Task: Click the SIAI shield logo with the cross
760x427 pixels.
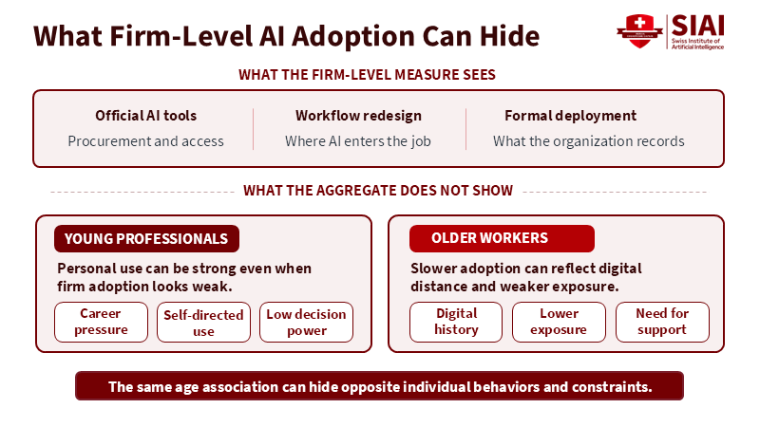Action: [639, 31]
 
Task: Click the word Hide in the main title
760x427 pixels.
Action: [509, 36]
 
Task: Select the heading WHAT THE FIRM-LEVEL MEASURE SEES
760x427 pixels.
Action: [367, 75]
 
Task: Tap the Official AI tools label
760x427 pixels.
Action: [146, 116]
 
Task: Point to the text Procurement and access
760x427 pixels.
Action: [146, 141]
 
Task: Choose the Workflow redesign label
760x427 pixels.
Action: [359, 116]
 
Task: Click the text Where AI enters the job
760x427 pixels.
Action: [358, 141]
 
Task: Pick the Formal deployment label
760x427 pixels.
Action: [571, 116]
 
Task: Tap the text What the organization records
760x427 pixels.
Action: [589, 141]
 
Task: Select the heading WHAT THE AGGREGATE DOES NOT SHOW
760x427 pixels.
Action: [378, 191]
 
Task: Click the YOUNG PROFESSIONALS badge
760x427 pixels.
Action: [146, 239]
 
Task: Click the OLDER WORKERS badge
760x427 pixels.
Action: [502, 238]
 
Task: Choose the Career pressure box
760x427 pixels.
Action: [101, 322]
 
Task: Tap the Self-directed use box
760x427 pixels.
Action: [203, 323]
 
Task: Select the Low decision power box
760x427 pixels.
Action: [306, 323]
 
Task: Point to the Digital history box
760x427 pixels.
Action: [456, 322]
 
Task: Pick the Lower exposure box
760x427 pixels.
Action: [559, 322]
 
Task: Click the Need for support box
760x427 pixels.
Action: [662, 322]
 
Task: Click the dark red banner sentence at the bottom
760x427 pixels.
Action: [379, 386]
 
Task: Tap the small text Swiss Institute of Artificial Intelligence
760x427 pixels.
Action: [697, 44]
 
